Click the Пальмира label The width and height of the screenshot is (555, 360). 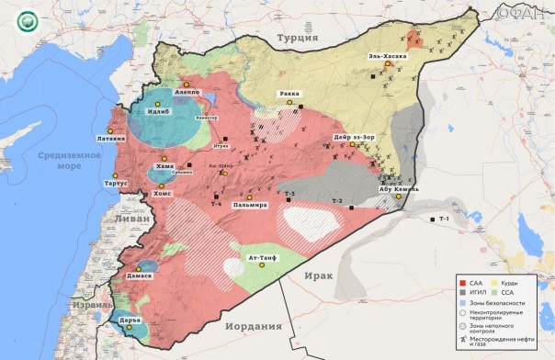(x=249, y=205)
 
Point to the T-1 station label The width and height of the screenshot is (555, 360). (x=444, y=219)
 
